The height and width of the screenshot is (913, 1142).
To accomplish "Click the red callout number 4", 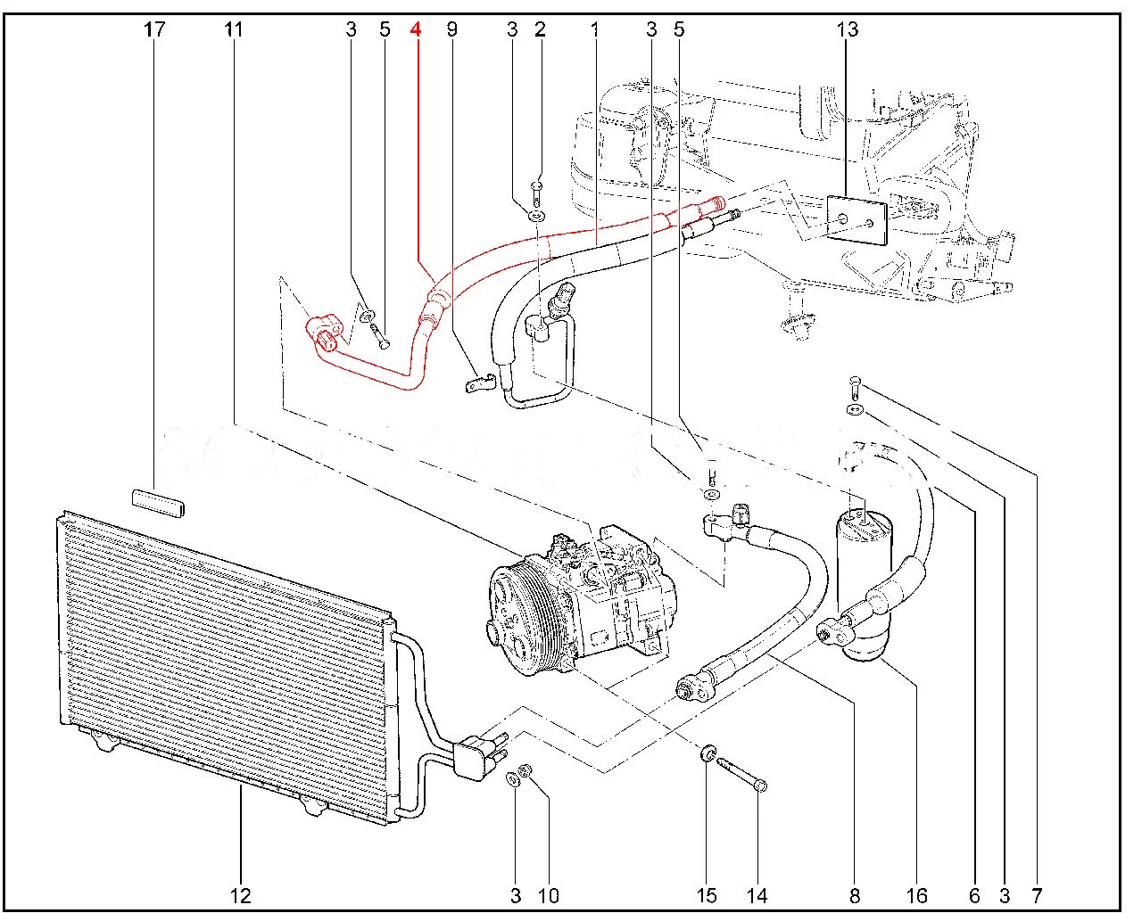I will [x=415, y=29].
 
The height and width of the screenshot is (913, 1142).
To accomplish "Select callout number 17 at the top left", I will [x=154, y=29].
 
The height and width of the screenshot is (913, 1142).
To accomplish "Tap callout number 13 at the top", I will [x=847, y=29].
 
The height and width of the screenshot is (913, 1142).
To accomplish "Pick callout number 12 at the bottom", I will [x=240, y=895].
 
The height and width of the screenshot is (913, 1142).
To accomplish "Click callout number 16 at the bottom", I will [x=916, y=895].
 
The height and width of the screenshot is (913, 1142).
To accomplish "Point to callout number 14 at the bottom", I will [x=757, y=895].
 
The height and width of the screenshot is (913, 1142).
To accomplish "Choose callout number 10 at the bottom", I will [x=548, y=895].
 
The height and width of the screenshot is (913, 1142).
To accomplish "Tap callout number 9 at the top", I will [x=451, y=29].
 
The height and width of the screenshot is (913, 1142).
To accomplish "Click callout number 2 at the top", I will [x=540, y=29].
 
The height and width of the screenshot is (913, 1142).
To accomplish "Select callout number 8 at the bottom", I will [x=855, y=895].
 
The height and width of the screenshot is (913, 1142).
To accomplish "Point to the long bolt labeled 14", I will [x=740, y=774].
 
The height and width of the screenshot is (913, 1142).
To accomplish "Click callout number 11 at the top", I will [x=233, y=29].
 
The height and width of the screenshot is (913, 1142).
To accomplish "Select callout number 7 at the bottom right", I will [x=1037, y=895].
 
